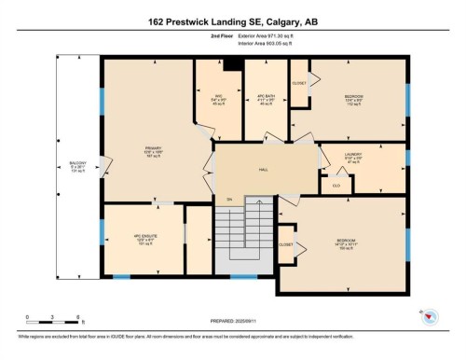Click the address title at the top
232,20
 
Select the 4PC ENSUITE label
143,239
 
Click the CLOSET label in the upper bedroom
299,83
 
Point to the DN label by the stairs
228,199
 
